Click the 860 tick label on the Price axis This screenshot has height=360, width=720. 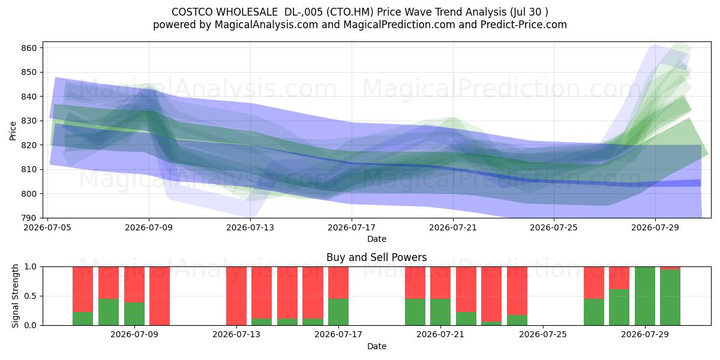[29, 48]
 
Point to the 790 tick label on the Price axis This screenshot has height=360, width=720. [29, 218]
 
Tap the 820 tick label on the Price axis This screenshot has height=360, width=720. [29, 145]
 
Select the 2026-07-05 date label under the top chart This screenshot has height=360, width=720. [47, 227]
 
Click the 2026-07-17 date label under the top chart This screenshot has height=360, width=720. [352, 227]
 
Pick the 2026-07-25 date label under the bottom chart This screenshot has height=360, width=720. [543, 334]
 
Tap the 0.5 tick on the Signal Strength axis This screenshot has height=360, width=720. [31, 296]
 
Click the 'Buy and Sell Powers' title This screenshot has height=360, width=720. [377, 257]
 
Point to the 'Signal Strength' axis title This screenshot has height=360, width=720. [15, 296]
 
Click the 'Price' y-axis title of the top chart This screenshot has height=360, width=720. [13, 131]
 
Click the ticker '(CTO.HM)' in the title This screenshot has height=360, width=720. [350, 12]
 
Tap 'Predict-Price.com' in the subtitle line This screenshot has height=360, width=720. [524, 25]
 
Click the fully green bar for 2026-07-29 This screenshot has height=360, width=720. [645, 296]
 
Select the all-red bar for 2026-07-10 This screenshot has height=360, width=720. [160, 296]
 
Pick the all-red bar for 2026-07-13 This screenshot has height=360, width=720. [236, 296]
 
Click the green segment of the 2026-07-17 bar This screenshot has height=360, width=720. [338, 312]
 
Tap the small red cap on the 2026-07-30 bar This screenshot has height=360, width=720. [670, 268]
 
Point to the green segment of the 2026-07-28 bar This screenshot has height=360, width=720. [619, 307]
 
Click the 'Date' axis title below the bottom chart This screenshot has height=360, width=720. [377, 346]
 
